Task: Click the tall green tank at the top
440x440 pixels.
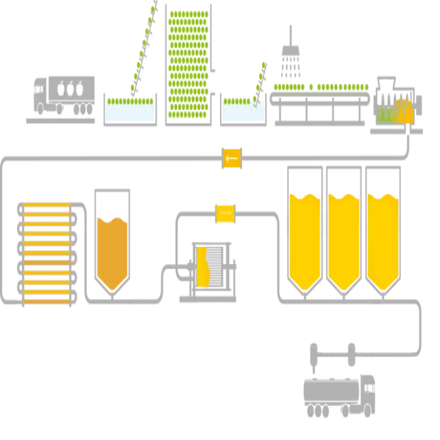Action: (x=188, y=63)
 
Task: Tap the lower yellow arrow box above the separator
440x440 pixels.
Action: (x=225, y=212)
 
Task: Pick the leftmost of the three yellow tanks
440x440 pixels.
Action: (x=304, y=239)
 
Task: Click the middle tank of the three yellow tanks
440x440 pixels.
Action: (x=343, y=239)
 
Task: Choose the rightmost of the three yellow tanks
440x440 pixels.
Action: (x=382, y=239)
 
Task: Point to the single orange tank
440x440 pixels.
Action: (x=113, y=251)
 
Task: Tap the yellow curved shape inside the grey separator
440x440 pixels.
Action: (x=202, y=267)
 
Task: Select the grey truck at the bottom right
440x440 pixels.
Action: (x=339, y=383)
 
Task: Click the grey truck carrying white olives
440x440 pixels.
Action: (x=62, y=97)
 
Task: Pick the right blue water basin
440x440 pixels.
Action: (x=239, y=111)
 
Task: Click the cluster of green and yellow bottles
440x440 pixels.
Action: (x=395, y=113)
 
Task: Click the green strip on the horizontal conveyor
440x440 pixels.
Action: (x=321, y=86)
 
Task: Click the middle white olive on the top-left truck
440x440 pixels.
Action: (x=69, y=89)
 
